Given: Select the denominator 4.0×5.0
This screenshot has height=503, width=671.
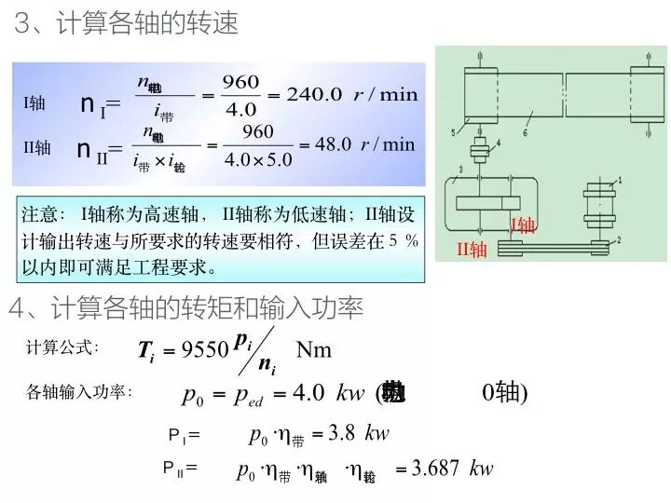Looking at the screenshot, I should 258,158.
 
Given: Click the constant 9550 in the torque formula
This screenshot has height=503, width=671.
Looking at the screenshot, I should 205,350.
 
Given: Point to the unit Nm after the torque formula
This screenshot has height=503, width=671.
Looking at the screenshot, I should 314,350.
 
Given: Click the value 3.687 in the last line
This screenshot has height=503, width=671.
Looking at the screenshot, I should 436,468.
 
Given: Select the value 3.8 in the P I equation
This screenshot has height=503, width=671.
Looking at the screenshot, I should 343,433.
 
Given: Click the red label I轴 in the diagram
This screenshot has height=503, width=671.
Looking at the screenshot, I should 523,224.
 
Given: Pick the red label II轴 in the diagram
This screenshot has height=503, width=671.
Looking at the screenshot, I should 472,250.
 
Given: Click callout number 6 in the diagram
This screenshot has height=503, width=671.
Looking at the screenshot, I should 525,133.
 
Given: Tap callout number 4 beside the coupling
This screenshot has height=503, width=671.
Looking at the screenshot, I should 498,143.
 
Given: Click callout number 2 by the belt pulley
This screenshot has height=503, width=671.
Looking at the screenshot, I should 619,240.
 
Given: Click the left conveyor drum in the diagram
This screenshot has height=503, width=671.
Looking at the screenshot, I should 483,94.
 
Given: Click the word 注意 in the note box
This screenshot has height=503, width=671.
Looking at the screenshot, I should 40,213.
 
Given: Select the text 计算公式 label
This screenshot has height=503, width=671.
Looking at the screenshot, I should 62,348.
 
